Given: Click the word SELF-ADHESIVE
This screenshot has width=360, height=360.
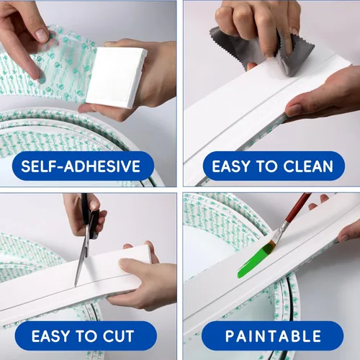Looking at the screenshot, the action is tap(81, 166).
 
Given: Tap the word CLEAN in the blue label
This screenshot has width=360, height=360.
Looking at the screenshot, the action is tap(308, 166).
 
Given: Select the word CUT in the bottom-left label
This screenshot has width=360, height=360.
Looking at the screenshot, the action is tap(118, 336).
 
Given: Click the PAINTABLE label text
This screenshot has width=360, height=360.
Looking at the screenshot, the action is tap(273, 336).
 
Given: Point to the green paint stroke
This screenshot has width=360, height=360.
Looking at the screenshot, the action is tap(256, 261).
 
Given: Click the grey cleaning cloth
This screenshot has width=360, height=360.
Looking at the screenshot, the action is tap(264, 52).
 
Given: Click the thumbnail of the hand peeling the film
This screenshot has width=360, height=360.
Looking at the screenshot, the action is tap(42, 35).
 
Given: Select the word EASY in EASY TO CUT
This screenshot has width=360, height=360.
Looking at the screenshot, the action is tap(50, 336).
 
